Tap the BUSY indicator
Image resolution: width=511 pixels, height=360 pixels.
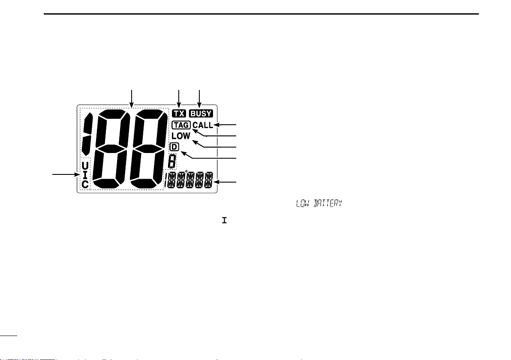tap(201, 114)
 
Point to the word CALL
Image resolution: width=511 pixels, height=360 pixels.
tap(203, 126)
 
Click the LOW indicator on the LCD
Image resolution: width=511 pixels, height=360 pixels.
tap(181, 136)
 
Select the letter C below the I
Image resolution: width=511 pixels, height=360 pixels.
tap(85, 185)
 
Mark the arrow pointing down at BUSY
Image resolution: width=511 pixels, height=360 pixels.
tap(200, 98)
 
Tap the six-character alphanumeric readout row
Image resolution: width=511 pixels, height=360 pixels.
tap(189, 180)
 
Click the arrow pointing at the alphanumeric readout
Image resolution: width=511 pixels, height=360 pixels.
tap(225, 183)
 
